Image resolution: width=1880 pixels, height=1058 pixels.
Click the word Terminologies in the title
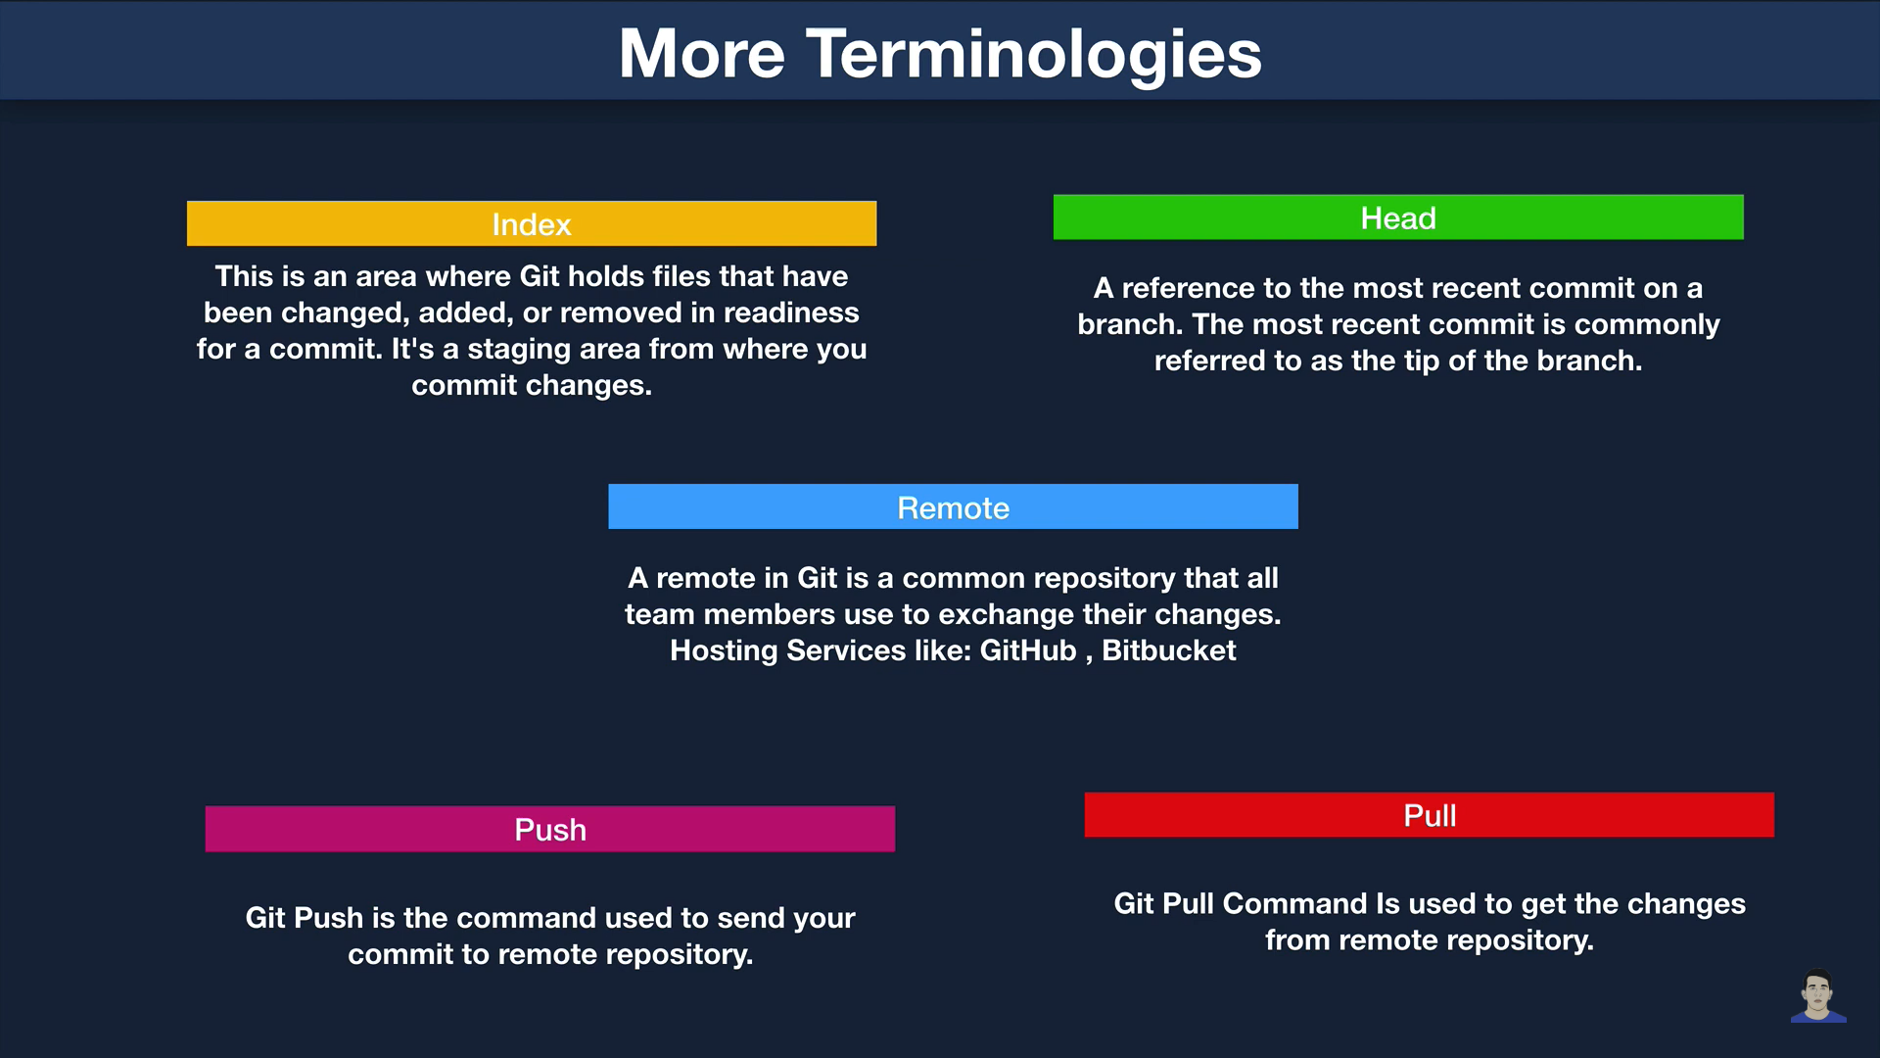click(1034, 55)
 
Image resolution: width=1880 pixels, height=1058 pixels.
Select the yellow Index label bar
click(532, 223)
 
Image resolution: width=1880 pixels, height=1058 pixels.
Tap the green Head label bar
click(1398, 217)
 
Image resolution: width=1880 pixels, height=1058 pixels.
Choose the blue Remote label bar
click(953, 506)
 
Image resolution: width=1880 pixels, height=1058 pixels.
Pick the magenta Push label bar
click(550, 829)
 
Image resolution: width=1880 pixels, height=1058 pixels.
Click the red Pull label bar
click(1430, 815)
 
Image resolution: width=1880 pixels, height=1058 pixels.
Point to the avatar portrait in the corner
click(1818, 996)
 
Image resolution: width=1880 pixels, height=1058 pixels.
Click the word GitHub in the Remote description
click(1028, 650)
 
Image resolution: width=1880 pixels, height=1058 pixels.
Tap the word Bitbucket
click(1169, 650)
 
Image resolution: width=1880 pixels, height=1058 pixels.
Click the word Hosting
click(725, 651)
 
